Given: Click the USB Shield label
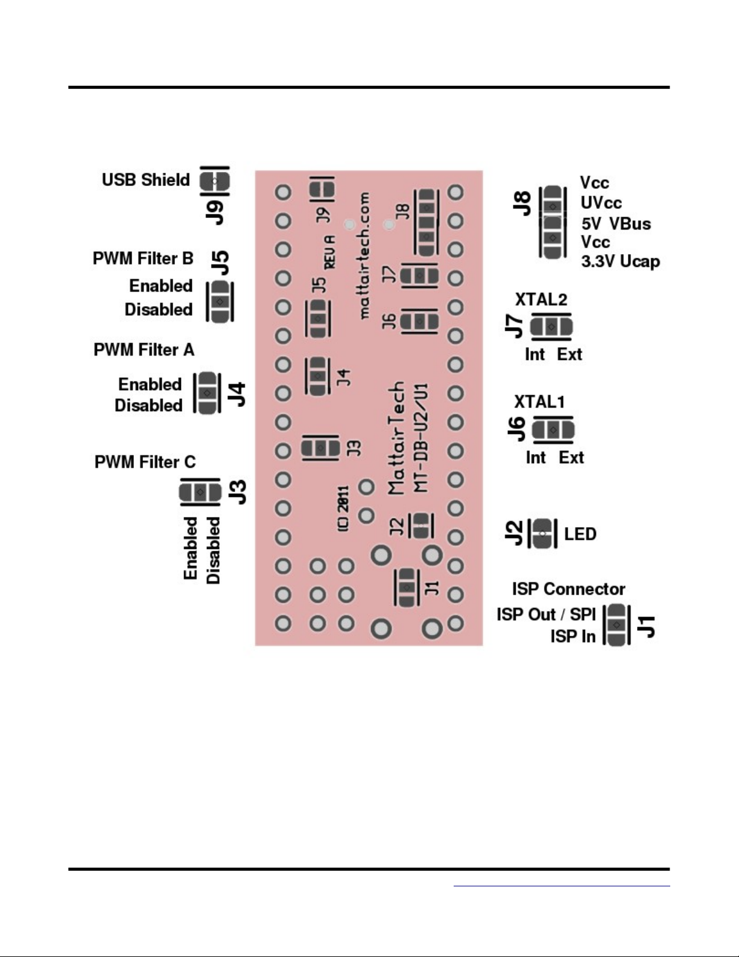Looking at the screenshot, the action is tap(145, 180).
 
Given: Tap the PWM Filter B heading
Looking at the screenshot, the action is tap(143, 258).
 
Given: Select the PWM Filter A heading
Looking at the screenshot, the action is tap(144, 350).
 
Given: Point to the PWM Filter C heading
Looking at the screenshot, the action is tap(145, 462).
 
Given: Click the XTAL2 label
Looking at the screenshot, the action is tap(541, 299).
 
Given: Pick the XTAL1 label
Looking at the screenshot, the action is tap(539, 402).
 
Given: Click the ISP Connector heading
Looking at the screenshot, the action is tap(568, 589).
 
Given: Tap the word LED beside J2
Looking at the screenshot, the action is tap(580, 534).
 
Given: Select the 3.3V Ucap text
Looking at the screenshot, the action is tap(620, 261).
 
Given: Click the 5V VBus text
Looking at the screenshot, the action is tap(616, 224).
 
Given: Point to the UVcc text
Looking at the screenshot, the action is tap(601, 203).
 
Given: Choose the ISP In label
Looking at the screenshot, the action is tap(572, 636).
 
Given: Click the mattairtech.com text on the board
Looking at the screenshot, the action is tap(364, 255).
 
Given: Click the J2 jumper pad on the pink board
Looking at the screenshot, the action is tap(421, 525).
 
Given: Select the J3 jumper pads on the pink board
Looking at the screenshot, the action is tap(321, 449).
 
